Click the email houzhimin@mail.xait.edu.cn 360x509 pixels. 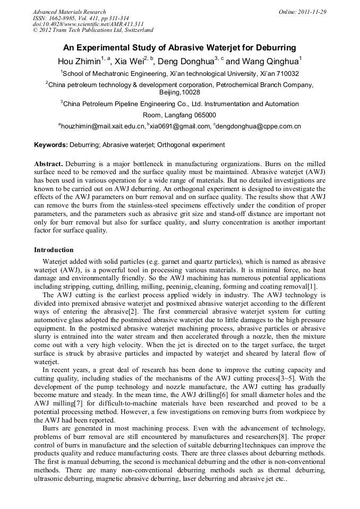102,126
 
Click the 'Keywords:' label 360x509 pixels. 51,145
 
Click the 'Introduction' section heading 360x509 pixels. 54,250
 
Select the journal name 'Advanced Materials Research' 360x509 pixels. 69,12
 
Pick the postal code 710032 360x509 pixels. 287,74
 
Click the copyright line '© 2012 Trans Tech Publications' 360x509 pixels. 93,30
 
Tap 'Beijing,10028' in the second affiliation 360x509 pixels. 179,92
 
